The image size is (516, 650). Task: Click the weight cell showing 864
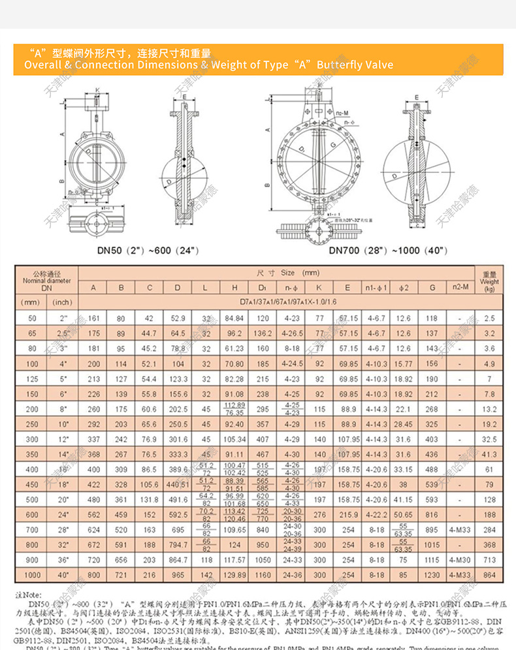coord(490,574)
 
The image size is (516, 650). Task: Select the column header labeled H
coord(234,287)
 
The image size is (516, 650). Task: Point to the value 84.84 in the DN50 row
coord(234,318)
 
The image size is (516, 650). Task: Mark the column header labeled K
coord(319,287)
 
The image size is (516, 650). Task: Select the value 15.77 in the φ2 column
coord(404,364)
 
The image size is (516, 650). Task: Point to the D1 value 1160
coord(263,574)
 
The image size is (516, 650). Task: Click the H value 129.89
coord(234,574)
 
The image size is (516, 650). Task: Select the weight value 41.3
coord(490,454)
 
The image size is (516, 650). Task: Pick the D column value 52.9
coord(178,318)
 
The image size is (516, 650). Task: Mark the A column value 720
coord(94,559)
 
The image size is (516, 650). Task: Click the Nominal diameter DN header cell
coord(46,280)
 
